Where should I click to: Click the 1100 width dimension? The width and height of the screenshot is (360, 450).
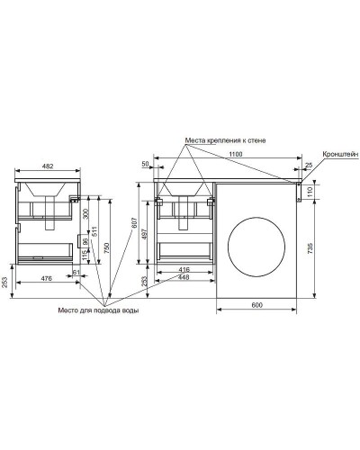(x=236, y=154)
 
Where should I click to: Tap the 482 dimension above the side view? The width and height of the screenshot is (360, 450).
(x=48, y=166)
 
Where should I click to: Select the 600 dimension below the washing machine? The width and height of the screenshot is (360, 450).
(x=256, y=305)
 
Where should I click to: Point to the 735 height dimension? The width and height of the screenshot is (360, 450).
(x=310, y=248)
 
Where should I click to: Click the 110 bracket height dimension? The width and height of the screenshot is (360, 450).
(x=310, y=191)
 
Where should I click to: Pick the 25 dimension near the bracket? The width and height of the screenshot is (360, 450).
(x=309, y=165)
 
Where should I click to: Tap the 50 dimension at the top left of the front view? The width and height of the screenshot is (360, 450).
(x=145, y=164)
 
